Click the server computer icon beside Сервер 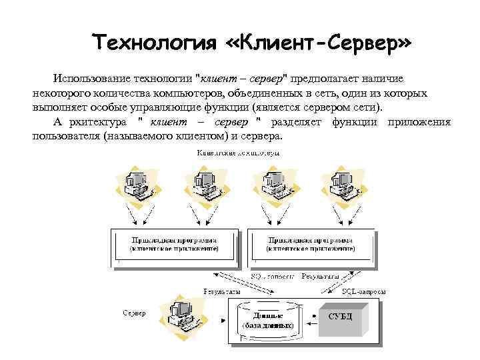pyautogui.click(x=183, y=313)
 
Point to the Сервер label pyautogui.click(x=134, y=313)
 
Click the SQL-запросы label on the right pyautogui.click(x=363, y=292)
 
